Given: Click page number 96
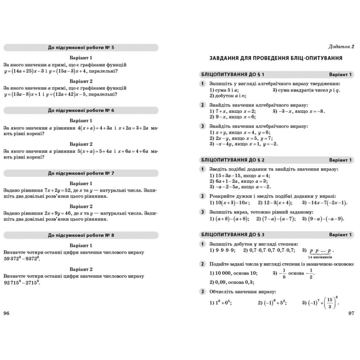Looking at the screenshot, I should [x=6, y=313].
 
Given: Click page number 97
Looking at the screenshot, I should [x=351, y=313].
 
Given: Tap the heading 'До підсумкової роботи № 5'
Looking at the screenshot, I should [x=81, y=47].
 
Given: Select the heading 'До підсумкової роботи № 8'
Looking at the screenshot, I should [x=81, y=236].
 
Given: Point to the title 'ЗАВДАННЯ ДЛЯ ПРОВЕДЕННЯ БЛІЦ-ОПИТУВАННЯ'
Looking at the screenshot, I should [x=276, y=58].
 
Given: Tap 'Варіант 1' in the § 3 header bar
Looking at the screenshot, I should [x=340, y=234].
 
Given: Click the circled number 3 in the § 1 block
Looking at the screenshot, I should [x=203, y=126].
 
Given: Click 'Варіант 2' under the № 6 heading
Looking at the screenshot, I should [x=81, y=144].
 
